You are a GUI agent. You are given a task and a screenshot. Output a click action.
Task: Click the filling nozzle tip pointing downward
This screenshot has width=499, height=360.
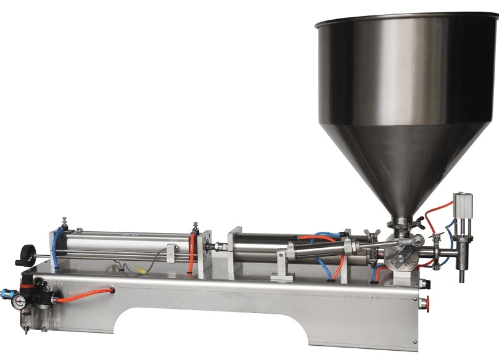(461, 274)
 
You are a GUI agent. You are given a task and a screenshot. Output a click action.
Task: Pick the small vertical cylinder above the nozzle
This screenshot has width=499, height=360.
(463, 210)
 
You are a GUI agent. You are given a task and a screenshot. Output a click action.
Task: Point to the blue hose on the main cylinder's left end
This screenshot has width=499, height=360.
(57, 247)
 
